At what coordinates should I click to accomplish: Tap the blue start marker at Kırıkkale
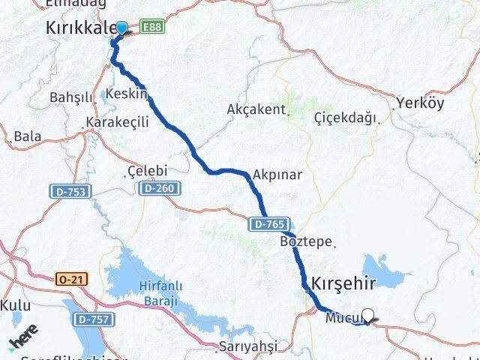coord(121,28)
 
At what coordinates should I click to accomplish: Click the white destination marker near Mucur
coord(367,315)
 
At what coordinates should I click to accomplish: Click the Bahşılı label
coord(70,98)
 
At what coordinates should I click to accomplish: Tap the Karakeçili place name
coord(118,122)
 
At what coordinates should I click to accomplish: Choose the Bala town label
coord(27,136)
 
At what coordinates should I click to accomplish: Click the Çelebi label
coord(147,171)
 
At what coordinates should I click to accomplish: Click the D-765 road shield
coord(268,223)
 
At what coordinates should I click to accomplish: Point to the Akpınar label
coord(277,175)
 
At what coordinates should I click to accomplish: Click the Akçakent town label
coord(256,109)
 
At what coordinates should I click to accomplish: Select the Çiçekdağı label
coord(345,117)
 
